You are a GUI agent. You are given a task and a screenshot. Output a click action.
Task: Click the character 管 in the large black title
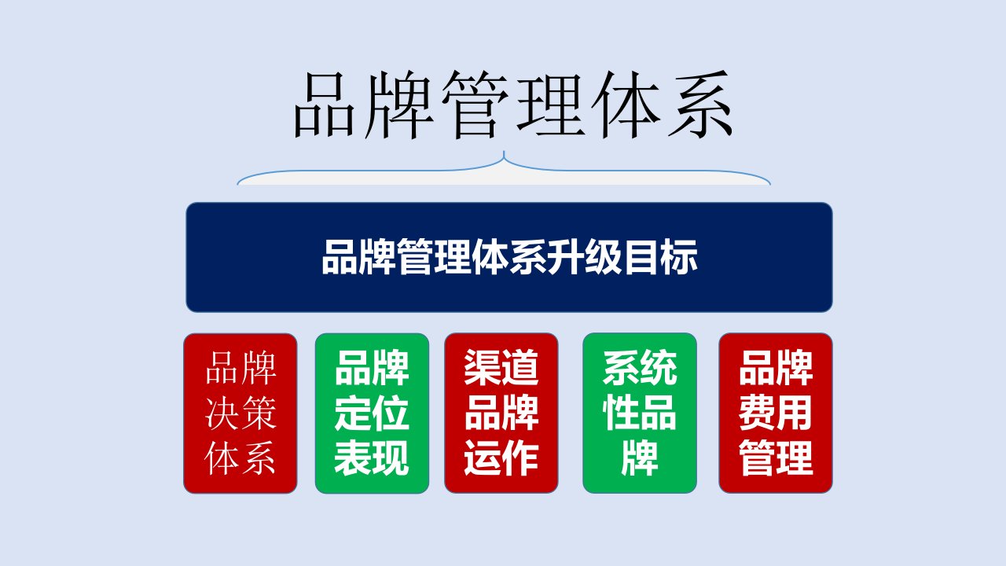pos(475,105)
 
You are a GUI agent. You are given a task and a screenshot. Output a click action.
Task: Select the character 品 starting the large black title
pos(326,105)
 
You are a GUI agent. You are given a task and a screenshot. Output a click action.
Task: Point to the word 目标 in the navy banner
pos(660,257)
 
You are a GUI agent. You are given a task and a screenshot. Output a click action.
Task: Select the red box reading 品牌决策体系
pos(240,413)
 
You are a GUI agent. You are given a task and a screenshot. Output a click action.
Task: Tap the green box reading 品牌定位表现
pos(372,413)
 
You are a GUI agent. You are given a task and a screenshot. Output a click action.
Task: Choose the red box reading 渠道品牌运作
pos(501,413)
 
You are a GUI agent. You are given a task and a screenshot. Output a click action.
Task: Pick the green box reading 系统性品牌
pos(640,413)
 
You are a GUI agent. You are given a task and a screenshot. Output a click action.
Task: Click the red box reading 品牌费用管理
pos(776,413)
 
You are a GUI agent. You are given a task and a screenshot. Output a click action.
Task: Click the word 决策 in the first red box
pos(240,413)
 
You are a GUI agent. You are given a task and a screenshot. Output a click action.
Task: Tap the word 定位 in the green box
pos(372,413)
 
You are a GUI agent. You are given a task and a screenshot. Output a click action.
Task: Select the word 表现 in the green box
pos(372,458)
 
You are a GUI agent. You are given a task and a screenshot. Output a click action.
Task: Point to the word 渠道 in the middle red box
pos(501,368)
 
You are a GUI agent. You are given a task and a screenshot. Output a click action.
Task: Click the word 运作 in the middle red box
pos(501,458)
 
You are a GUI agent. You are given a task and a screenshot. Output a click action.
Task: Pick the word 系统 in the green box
pos(640,368)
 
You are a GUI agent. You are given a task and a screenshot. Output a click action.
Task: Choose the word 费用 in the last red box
pos(776,413)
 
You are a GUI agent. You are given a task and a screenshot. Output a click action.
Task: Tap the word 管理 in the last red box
pos(776,458)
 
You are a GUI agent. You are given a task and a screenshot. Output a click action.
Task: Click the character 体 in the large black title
pos(625,105)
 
